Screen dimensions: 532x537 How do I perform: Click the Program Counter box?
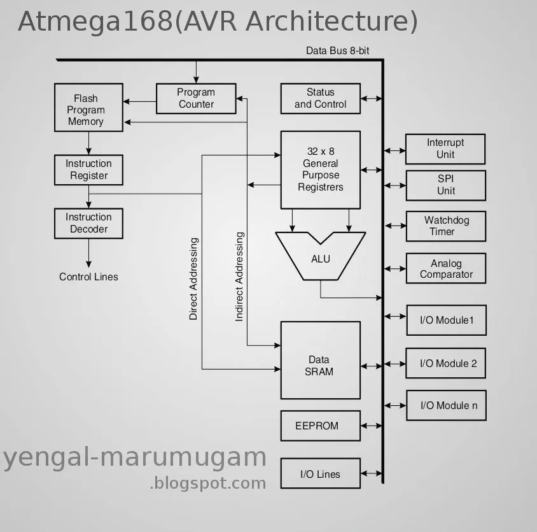pos(196,98)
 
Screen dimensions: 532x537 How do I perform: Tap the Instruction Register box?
pos(88,169)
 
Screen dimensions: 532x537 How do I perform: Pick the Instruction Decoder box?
pos(88,223)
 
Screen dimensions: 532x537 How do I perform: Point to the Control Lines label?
pos(88,277)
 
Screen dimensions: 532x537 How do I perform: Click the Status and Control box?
pos(320,98)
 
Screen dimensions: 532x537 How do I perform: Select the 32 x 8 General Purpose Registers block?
pos(320,169)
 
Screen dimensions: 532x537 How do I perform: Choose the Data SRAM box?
pos(320,365)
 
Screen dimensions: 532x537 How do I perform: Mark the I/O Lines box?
pos(320,474)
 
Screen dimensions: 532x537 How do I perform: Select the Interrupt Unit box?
pos(445,148)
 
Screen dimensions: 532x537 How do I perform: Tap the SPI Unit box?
pos(445,185)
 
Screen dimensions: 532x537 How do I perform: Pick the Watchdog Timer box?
pos(445,226)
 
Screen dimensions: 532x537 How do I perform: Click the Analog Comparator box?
pos(445,269)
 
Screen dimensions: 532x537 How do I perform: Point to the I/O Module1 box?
pos(446,320)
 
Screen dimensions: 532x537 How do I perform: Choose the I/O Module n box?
pos(446,405)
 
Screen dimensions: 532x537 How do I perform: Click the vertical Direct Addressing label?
pos(193,278)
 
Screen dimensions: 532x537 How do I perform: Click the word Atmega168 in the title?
pos(95,21)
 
